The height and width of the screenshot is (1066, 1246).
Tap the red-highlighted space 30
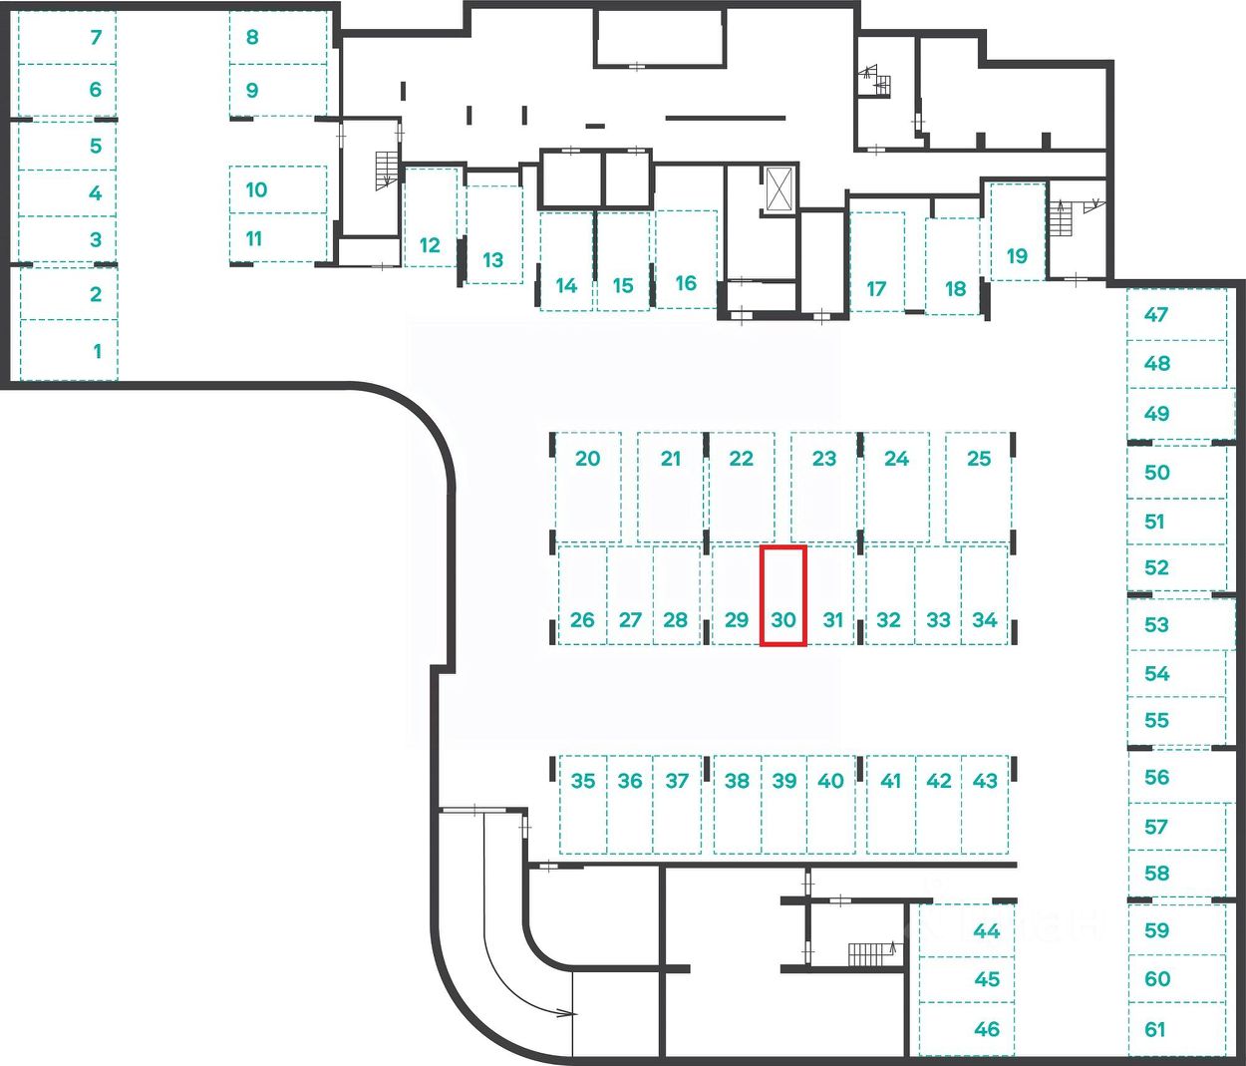coord(783,596)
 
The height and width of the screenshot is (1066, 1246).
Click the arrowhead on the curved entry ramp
coord(570,1013)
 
